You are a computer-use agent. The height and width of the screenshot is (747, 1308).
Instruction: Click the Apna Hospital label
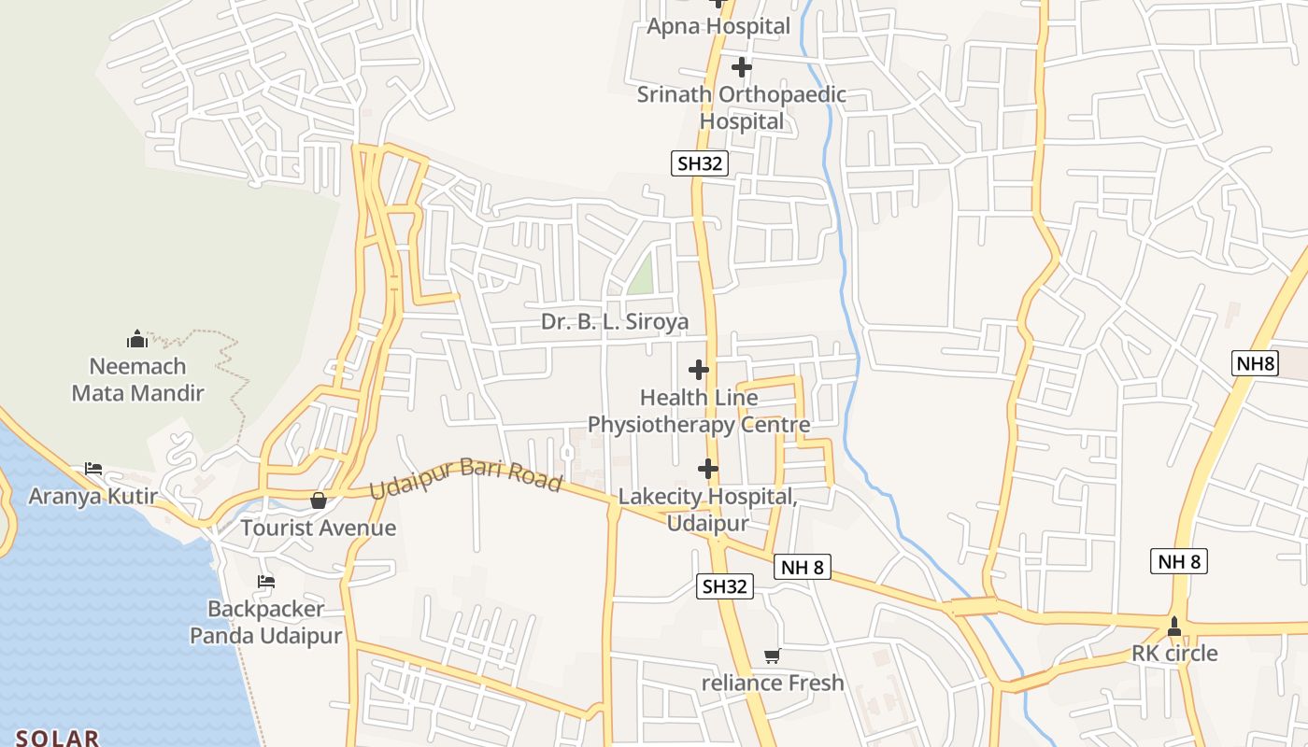718,26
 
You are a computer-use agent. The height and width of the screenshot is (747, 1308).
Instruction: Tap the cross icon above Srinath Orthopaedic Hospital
741,67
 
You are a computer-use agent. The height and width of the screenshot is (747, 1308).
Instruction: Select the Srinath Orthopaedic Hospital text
742,107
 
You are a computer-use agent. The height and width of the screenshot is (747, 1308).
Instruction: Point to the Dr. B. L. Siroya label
615,322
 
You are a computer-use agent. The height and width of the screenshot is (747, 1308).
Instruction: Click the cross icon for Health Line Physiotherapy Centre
699,370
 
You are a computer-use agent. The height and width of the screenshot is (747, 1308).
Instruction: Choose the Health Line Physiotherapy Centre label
699,412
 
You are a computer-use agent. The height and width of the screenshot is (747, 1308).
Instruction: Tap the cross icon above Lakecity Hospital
708,468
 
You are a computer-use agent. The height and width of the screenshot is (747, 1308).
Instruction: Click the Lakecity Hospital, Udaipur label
707,510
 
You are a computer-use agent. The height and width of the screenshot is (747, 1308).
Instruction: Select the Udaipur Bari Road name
465,478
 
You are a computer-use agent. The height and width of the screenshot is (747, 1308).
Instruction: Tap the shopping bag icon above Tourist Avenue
319,500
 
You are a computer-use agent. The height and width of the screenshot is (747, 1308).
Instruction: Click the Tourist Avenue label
319,529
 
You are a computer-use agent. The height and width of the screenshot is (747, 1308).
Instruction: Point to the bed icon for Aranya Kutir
93,468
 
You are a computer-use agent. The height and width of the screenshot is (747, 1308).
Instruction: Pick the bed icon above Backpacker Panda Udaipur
266,582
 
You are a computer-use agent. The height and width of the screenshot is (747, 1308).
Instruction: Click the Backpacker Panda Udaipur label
266,623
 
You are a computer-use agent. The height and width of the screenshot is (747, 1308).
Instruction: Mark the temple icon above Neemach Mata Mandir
137,338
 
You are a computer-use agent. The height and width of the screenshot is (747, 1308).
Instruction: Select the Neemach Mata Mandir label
137,379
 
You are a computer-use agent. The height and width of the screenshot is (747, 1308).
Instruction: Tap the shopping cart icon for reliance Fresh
772,655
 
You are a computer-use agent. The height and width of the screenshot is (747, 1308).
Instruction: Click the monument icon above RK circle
1174,626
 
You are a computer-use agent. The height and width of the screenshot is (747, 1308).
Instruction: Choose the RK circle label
1174,654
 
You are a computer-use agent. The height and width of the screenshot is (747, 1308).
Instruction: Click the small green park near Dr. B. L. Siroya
640,275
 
